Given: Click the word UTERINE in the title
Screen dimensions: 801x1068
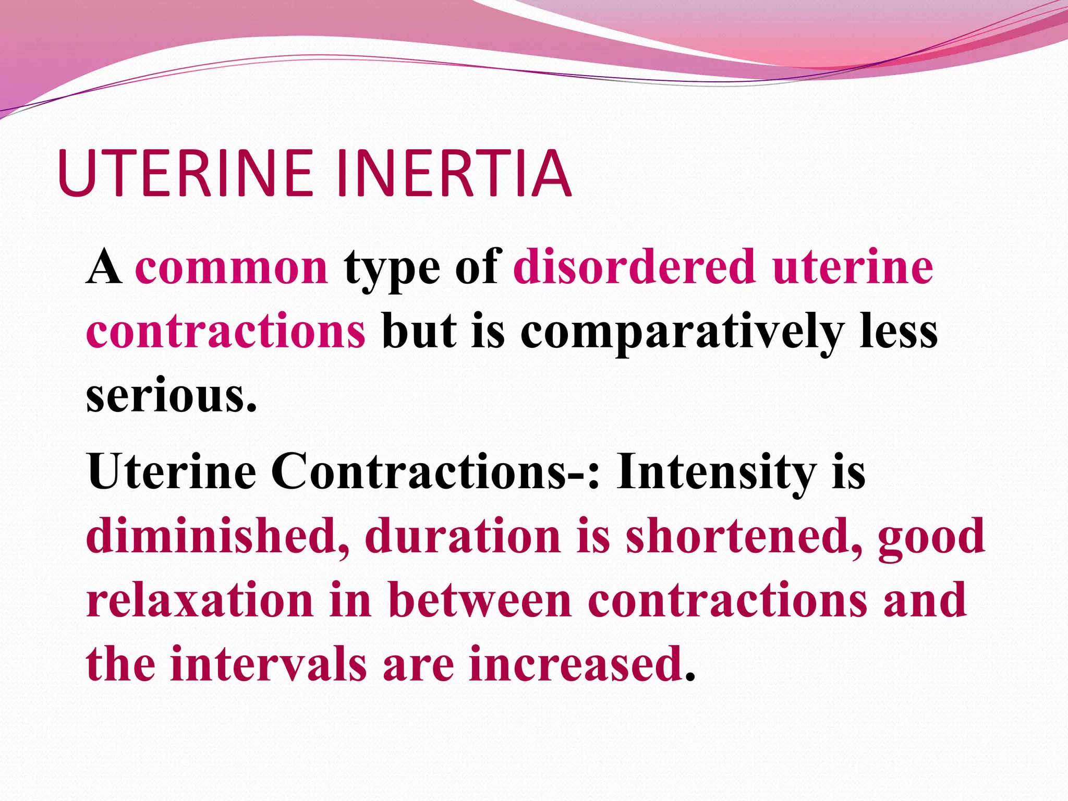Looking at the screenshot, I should tap(185, 173).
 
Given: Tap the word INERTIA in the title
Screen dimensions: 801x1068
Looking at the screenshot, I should tap(454, 173).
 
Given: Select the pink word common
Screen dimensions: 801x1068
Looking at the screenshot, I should tap(232, 267).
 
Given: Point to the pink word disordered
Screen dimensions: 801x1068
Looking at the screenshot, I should tap(634, 267).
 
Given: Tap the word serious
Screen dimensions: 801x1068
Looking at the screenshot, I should tap(172, 395).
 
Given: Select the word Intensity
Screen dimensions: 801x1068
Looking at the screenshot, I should tap(716, 472).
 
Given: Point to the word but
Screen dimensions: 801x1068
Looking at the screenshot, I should tap(419, 332).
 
